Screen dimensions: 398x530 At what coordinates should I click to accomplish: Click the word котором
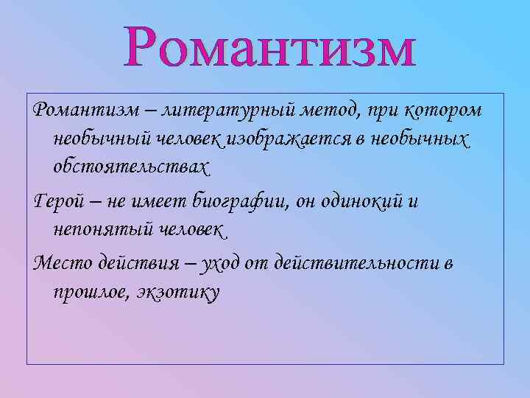tap(445, 110)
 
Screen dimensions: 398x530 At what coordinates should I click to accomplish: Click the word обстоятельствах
tap(131, 167)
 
